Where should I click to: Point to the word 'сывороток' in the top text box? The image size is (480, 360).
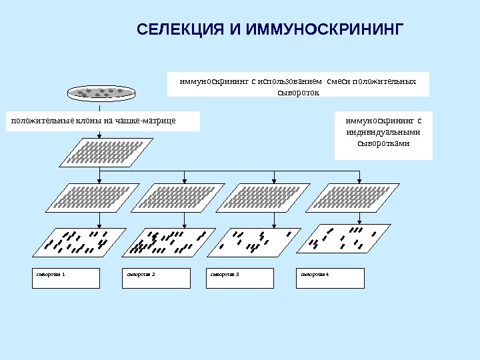(298, 93)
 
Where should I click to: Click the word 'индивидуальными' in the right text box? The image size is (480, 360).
(383, 132)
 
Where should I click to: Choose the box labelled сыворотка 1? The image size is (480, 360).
(66, 278)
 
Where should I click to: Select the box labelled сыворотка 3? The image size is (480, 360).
(241, 278)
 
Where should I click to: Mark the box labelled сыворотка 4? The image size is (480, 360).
(331, 278)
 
